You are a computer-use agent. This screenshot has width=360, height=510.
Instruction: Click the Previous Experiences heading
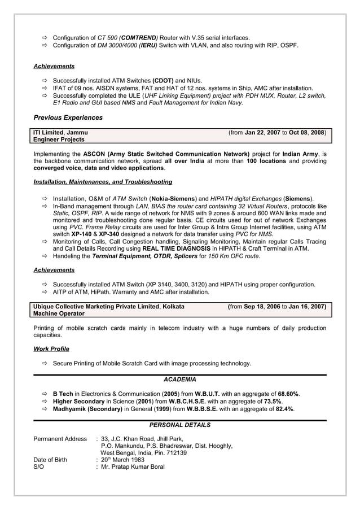[x=68, y=118]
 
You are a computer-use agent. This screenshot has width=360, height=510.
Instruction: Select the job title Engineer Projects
[x=59, y=140]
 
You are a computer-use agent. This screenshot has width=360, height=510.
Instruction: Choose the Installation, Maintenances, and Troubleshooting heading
[x=103, y=182]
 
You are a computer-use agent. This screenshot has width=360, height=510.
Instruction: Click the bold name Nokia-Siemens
[x=172, y=199]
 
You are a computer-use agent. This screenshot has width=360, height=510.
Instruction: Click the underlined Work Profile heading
[x=51, y=349]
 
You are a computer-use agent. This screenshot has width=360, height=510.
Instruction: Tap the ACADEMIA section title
[x=180, y=379]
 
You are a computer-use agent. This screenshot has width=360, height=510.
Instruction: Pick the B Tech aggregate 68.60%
[x=288, y=394]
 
